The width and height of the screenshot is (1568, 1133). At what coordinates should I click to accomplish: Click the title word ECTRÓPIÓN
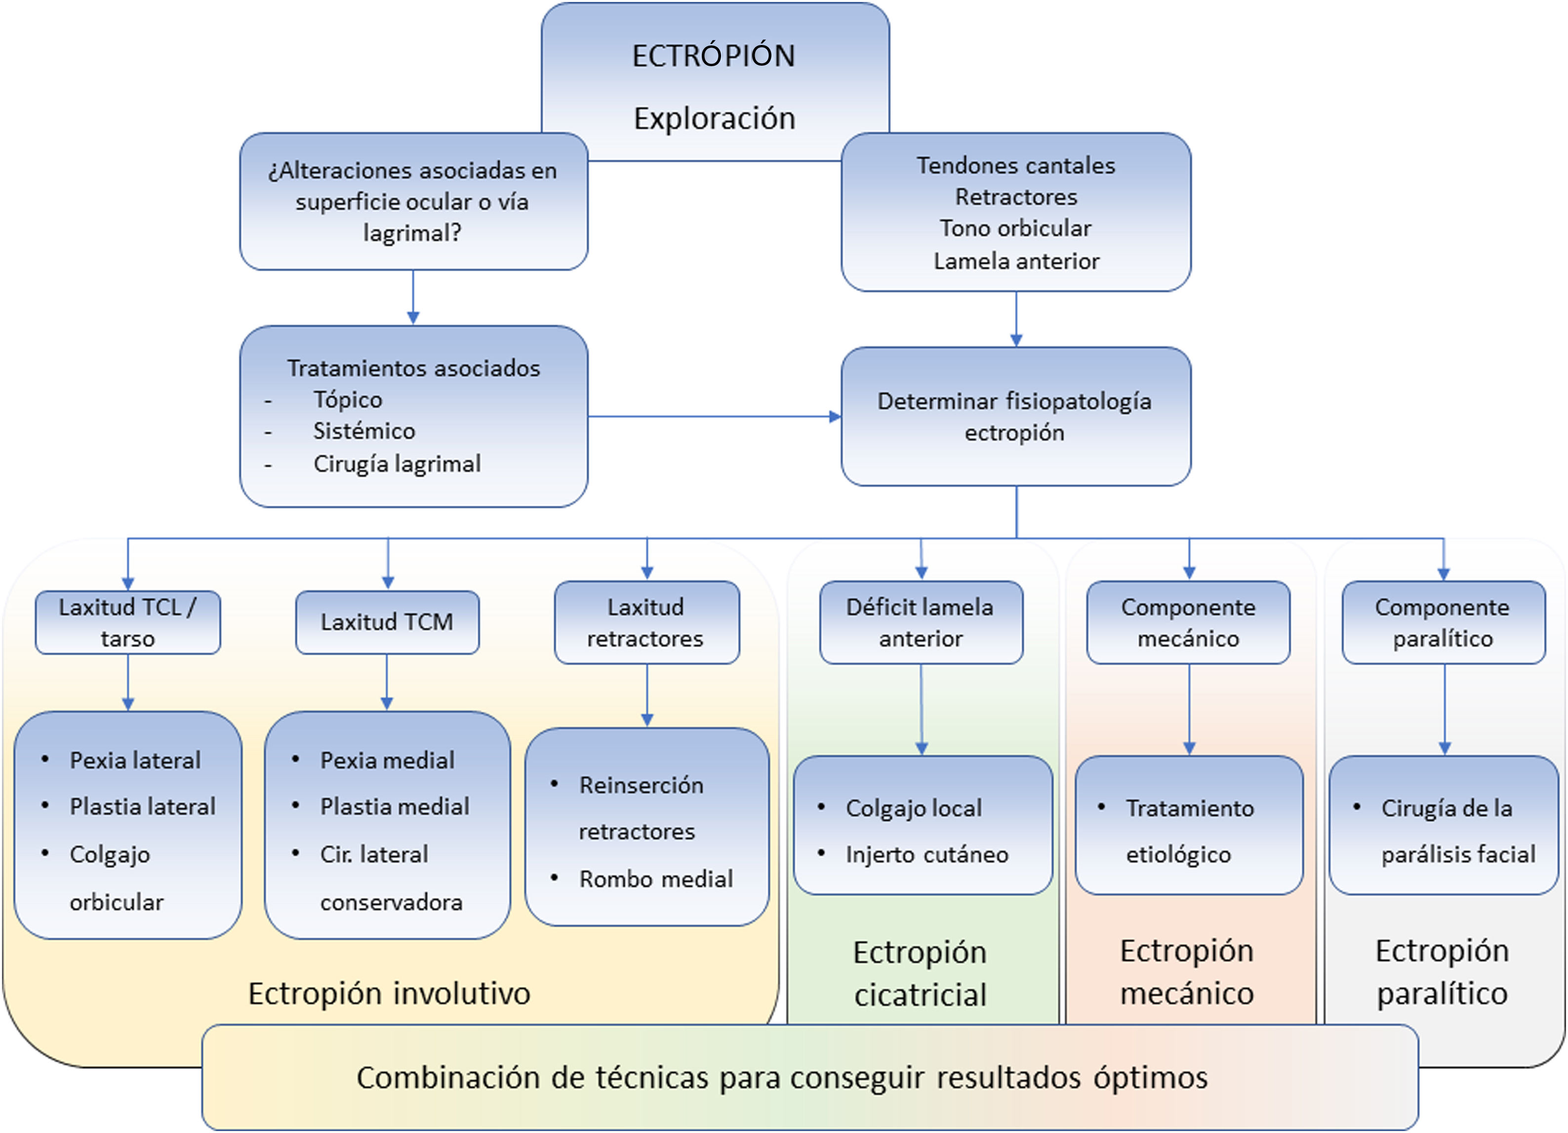tap(714, 56)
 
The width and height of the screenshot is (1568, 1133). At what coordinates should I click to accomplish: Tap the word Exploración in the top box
tap(714, 118)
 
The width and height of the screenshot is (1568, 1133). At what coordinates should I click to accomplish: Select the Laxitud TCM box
tap(387, 622)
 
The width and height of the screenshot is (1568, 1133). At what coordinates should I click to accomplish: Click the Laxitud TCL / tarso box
tap(128, 622)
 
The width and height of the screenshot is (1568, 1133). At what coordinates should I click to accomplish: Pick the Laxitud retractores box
tap(646, 622)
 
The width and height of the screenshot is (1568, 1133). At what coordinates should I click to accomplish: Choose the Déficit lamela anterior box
tap(921, 622)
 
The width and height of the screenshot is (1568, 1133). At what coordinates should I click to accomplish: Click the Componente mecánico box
tap(1188, 622)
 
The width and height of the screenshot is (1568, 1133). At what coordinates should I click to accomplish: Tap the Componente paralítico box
tap(1443, 622)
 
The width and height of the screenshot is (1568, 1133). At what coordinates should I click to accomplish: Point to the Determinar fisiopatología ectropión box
tap(1015, 416)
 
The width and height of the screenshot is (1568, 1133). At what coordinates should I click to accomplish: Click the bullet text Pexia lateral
tap(135, 761)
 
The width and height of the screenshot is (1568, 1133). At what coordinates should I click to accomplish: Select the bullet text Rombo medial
tap(655, 879)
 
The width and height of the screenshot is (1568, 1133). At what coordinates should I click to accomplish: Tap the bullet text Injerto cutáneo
tap(926, 855)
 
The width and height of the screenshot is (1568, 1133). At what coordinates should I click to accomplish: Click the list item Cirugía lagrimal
tap(397, 464)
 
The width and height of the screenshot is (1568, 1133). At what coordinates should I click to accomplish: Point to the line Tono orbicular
tap(1015, 228)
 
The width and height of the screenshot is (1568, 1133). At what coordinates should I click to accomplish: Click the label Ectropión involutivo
tap(389, 993)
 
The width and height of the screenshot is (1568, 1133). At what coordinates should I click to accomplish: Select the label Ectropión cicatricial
tap(920, 973)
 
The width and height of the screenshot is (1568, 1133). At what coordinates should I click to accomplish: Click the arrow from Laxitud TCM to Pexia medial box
tap(387, 683)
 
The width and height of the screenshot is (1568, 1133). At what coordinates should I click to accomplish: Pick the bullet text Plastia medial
tap(394, 807)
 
